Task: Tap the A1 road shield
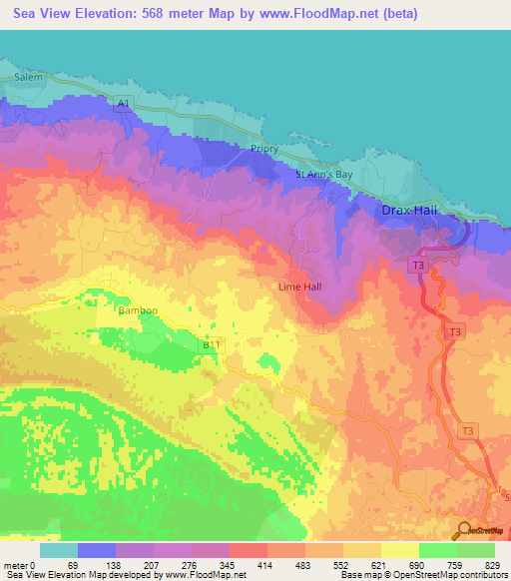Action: point(123,104)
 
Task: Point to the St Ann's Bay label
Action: point(324,175)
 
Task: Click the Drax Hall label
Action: point(410,211)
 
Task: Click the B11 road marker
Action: point(212,344)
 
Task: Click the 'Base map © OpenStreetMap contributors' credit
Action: point(422,575)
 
